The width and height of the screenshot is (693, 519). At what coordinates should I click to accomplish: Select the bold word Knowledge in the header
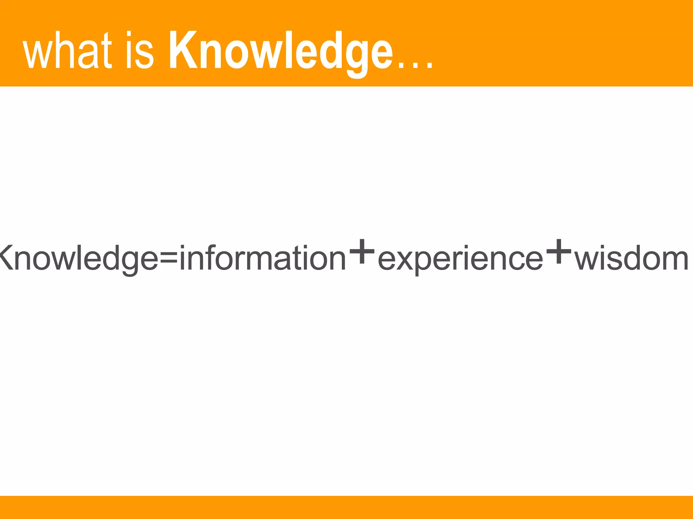click(281, 51)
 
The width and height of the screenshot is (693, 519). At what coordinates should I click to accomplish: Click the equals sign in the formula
click(169, 259)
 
